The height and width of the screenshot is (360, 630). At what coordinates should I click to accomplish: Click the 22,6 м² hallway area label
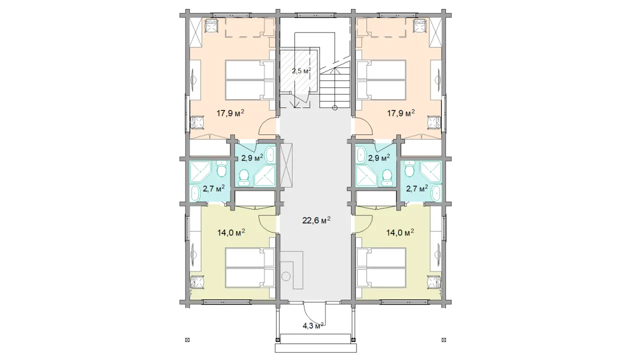click(316, 220)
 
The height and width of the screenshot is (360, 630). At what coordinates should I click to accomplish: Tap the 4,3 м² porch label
click(312, 325)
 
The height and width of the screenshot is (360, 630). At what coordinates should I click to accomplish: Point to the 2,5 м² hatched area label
click(301, 70)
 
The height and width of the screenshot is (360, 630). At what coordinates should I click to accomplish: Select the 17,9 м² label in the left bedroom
click(230, 113)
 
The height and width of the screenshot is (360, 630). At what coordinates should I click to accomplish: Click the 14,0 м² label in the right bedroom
click(400, 232)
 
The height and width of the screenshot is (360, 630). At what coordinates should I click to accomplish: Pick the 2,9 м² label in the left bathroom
click(252, 157)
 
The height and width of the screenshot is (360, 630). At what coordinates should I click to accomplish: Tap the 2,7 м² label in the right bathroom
click(417, 188)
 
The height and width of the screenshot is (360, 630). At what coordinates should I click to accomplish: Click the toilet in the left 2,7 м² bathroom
click(221, 169)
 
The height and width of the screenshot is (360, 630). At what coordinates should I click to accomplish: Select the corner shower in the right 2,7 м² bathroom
click(430, 172)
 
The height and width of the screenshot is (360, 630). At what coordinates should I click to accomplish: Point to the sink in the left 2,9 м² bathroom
click(270, 154)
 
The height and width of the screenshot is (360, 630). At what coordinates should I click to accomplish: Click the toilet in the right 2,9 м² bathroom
click(387, 177)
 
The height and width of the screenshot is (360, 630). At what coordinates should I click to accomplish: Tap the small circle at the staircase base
click(334, 107)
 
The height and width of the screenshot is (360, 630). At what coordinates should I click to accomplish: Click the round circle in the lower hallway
click(286, 277)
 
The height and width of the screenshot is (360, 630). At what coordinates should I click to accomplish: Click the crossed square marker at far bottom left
click(187, 340)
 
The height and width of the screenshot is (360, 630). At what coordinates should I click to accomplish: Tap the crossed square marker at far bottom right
click(444, 340)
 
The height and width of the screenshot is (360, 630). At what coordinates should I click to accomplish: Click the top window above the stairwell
click(315, 15)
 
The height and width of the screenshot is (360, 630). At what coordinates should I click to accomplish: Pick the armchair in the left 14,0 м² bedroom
click(197, 282)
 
